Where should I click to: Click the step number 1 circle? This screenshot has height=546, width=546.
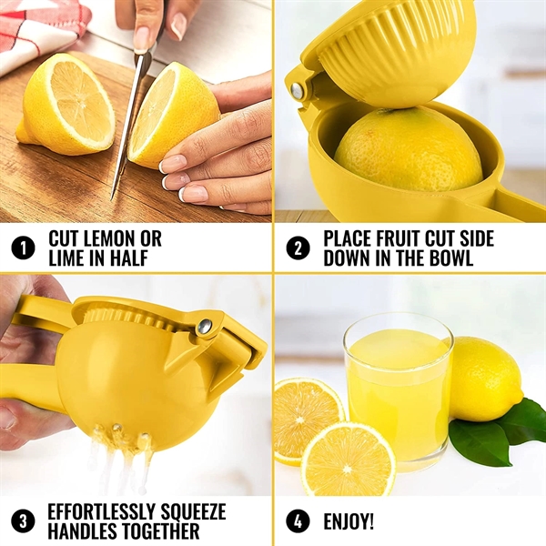(23, 248)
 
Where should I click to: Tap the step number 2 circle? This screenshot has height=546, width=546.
(298, 248)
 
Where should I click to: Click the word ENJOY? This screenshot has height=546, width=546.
(349, 522)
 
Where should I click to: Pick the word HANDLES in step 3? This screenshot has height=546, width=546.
(86, 532)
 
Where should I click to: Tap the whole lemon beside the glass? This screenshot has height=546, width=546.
(484, 378)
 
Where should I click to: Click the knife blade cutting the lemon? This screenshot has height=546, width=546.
(129, 118)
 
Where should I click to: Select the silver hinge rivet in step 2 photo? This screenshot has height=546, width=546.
(298, 90)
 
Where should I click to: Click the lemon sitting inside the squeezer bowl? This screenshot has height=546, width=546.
(407, 150)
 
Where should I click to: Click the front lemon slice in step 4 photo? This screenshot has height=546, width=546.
(349, 460)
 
